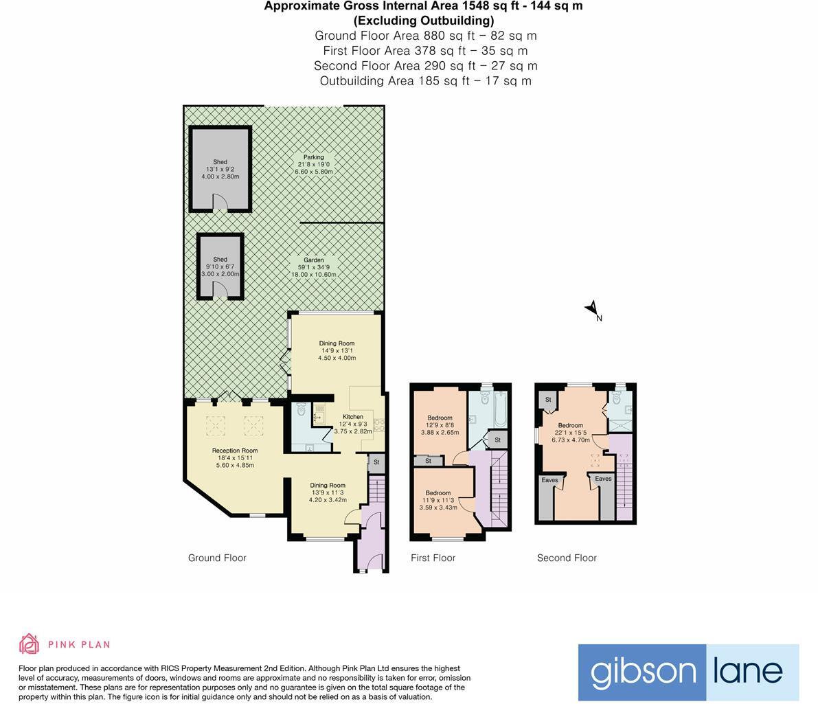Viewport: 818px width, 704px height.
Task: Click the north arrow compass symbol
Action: point(591,310)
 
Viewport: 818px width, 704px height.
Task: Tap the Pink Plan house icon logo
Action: point(29,644)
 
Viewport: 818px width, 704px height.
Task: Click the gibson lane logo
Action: point(688,672)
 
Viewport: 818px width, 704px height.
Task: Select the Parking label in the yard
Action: point(314,157)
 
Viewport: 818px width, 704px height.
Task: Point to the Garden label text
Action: point(314,260)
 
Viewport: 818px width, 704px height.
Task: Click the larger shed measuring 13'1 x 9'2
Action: point(220,168)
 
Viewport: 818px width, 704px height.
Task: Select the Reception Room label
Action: point(235,451)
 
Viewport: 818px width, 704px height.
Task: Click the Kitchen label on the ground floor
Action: point(353,417)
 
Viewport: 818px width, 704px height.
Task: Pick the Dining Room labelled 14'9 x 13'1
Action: point(337,343)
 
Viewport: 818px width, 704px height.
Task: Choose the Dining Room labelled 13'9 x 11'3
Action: point(328,486)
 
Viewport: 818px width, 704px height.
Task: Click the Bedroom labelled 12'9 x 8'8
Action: point(440,418)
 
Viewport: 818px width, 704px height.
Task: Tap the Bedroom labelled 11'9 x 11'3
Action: point(438,493)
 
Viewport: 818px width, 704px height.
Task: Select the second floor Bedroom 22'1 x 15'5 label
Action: point(570,426)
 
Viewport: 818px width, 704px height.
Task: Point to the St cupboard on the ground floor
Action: point(376,463)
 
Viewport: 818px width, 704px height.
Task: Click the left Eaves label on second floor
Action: point(549,480)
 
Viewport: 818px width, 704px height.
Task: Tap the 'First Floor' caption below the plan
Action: point(433,558)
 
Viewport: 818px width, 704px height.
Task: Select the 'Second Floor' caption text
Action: point(567,558)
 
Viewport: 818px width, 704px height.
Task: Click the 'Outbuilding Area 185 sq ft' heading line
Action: point(425,80)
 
